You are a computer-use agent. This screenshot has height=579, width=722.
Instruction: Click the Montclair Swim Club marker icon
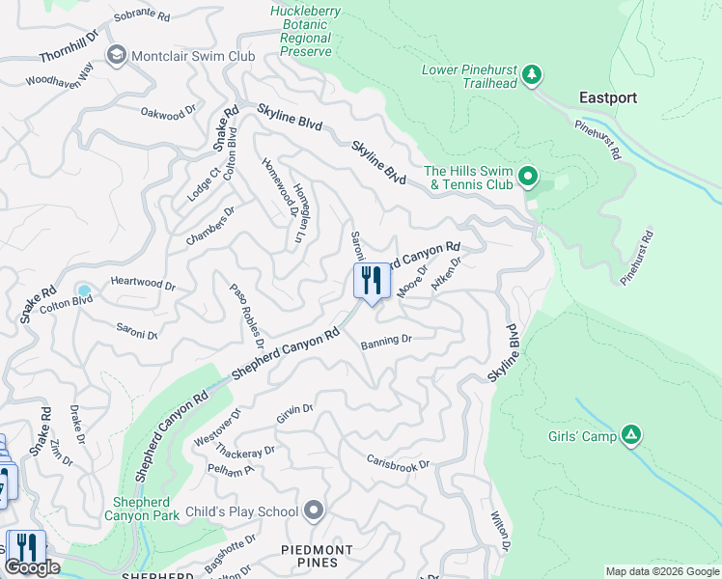coord(118,55)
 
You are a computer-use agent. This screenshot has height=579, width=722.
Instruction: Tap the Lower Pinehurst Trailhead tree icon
coord(530,74)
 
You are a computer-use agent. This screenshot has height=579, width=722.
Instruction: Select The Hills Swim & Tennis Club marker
coord(527,176)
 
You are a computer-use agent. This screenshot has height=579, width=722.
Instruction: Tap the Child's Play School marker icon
coord(314,510)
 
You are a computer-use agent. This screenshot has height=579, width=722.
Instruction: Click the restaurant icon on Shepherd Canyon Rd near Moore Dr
coord(372,282)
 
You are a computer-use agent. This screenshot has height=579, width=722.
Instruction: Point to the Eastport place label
coord(608,97)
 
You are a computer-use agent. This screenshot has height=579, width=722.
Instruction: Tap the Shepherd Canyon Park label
coord(147,509)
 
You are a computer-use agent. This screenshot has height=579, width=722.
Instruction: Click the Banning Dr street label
coord(387,341)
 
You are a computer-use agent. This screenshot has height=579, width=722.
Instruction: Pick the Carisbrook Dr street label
coord(398,461)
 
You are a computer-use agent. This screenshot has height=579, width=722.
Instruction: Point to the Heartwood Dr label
coord(143,285)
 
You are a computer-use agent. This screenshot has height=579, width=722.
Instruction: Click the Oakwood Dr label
coord(162,114)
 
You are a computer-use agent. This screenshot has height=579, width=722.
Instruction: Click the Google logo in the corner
coord(32,567)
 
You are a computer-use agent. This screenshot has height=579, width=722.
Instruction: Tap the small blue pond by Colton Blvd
coord(84,290)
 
